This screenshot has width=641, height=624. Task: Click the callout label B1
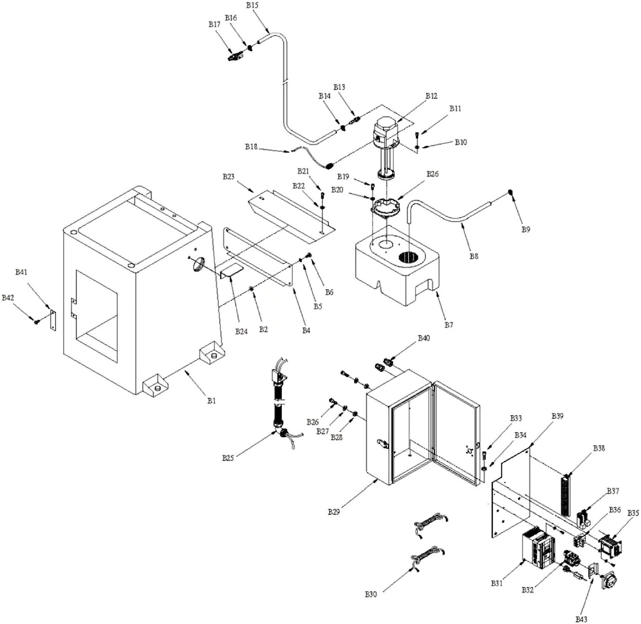pos(211,401)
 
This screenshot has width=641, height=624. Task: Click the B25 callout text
pos(228,458)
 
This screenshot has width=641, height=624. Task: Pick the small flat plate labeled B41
pos(53,320)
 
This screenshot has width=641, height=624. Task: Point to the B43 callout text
pos(582,619)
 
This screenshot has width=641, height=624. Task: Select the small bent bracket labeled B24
pos(231,271)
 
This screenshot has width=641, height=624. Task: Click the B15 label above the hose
pos(252,5)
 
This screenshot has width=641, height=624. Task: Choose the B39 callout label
pos(558,416)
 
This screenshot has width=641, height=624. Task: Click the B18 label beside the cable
pos(251,146)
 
